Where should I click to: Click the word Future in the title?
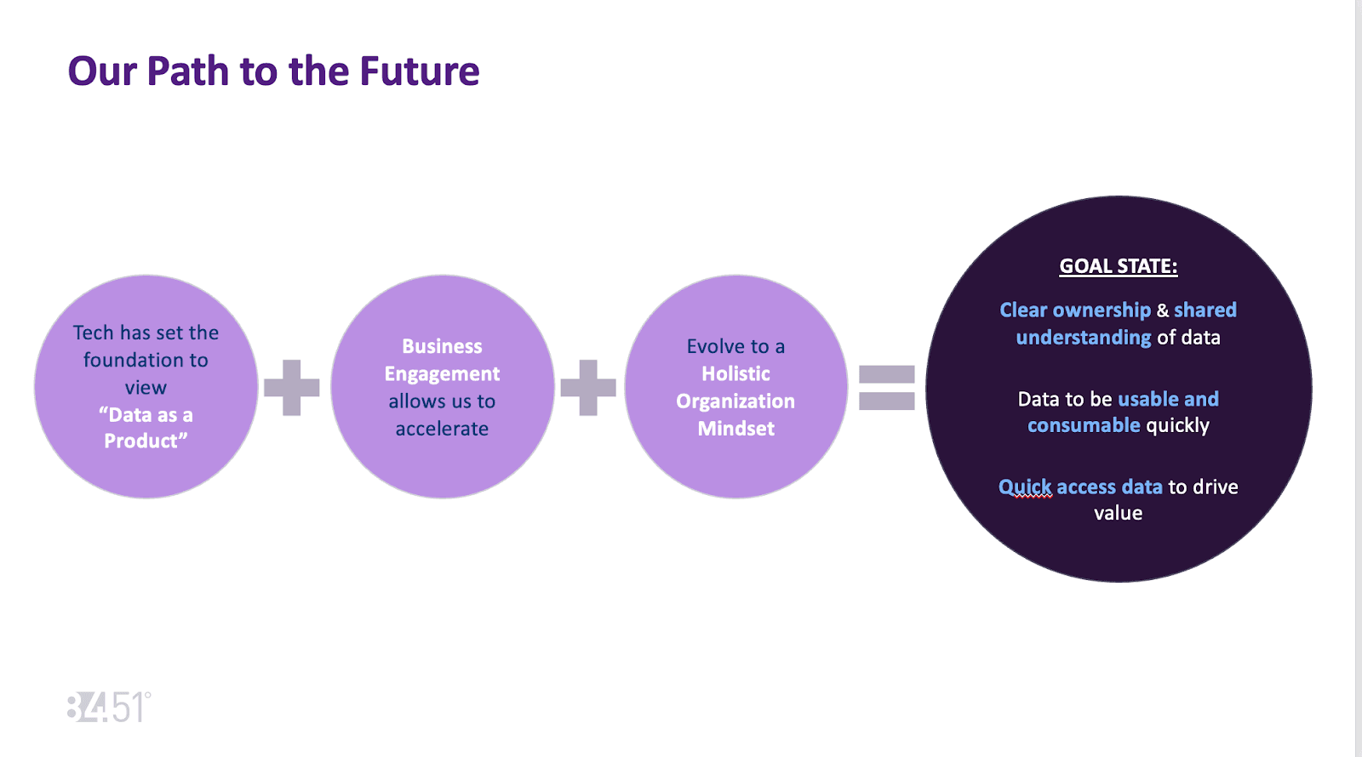[x=419, y=71]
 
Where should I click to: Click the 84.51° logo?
[x=109, y=708]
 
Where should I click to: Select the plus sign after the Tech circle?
[x=292, y=388]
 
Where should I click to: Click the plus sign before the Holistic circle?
[x=588, y=388]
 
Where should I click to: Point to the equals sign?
[x=886, y=388]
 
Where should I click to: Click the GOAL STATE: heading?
[x=1118, y=266]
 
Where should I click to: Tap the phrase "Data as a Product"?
[x=146, y=428]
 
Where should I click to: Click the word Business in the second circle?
[x=442, y=347]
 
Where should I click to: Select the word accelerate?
[x=442, y=429]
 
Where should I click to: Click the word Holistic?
[x=735, y=374]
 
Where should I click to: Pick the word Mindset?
[x=735, y=429]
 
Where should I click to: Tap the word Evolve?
[x=716, y=347]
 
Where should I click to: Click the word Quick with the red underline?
[x=1025, y=487]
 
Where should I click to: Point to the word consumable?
[x=1083, y=425]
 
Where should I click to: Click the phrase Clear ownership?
[x=1074, y=310]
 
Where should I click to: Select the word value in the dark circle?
[x=1118, y=513]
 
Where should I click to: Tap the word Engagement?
[x=442, y=374]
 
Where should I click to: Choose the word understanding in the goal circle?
[x=1083, y=338]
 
